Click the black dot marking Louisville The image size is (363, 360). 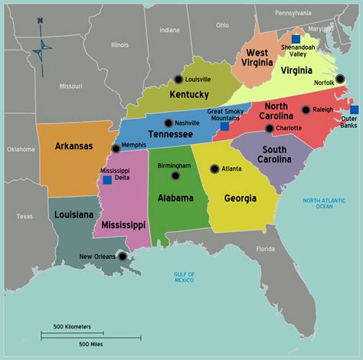pyautogui.click(x=178, y=79)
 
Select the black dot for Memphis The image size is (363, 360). pyautogui.click(x=116, y=149)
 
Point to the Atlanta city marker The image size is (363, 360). pyautogui.click(x=214, y=168)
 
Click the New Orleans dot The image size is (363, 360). pyautogui.click(x=120, y=258)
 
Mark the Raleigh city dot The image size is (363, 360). pyautogui.click(x=306, y=110)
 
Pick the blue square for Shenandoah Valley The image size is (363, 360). pyautogui.click(x=296, y=38)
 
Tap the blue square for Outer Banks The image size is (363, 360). pyautogui.click(x=354, y=110)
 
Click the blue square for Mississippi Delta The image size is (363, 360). pyautogui.click(x=106, y=180)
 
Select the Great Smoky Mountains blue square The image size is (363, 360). pyautogui.click(x=224, y=126)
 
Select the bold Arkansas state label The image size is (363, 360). pyautogui.click(x=74, y=146)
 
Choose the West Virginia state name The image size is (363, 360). pyautogui.click(x=257, y=57)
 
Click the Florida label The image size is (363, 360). pyautogui.click(x=265, y=249)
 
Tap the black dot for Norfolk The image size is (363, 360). pyautogui.click(x=340, y=79)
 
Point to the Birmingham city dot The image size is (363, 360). pyautogui.click(x=175, y=175)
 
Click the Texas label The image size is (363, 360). pyautogui.click(x=25, y=216)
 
